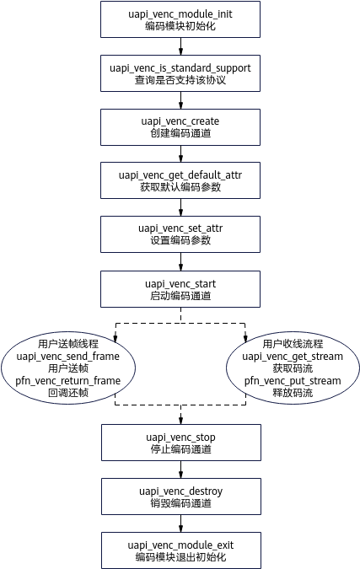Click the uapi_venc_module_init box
180,19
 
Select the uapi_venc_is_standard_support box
180,73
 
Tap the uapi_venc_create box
180,127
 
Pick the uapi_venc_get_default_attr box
180,180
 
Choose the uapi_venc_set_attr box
180,234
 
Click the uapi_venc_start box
180,289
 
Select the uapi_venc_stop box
181,443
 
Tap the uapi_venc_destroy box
181,497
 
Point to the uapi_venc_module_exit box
181,550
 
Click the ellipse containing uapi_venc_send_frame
68,368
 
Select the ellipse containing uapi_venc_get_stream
293,368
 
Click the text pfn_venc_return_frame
67,381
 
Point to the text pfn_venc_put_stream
293,381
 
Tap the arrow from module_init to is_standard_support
180,46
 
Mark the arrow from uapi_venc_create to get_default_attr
180,154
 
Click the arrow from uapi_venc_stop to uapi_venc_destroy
180,470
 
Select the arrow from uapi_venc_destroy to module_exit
180,523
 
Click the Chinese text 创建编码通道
180,133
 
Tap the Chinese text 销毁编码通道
180,503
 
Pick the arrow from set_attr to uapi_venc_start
180,262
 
